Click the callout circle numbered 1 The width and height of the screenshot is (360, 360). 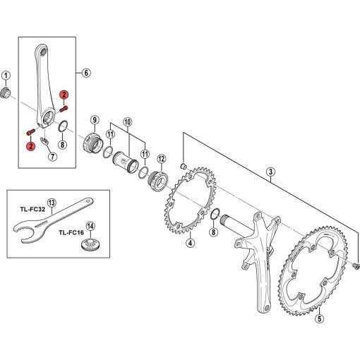6,76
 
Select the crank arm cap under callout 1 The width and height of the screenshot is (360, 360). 5,92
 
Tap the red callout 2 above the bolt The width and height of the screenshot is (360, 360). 64,95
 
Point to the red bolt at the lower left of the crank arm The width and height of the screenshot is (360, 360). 30,132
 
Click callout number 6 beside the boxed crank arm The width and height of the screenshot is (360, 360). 86,73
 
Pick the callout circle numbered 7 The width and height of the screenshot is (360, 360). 52,156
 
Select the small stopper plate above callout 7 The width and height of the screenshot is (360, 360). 44,140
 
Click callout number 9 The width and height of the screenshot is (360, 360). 95,120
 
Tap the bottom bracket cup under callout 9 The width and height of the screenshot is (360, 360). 93,143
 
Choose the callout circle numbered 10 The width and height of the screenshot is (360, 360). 127,122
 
